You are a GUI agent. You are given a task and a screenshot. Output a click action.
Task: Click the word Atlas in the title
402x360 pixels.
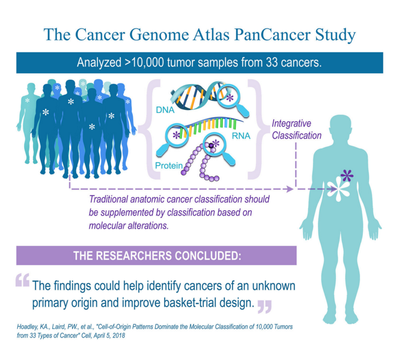pyautogui.click(x=212, y=35)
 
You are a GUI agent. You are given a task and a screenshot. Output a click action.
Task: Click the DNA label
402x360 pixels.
pyautogui.click(x=165, y=110)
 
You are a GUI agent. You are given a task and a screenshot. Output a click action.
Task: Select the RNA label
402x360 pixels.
pyautogui.click(x=241, y=136)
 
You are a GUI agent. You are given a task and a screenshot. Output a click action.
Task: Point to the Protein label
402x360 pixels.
pyautogui.click(x=169, y=166)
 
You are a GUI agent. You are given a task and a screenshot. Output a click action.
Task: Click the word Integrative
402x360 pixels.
pyautogui.click(x=291, y=124)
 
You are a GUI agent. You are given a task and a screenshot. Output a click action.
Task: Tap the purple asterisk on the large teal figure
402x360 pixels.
pyautogui.click(x=347, y=176)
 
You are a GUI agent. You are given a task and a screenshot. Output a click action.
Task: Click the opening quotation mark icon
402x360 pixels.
pyautogui.click(x=23, y=279)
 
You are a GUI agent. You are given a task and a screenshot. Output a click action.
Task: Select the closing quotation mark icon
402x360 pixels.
pyautogui.click(x=264, y=307)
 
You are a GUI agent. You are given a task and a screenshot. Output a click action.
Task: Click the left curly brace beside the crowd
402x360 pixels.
pyautogui.click(x=149, y=129)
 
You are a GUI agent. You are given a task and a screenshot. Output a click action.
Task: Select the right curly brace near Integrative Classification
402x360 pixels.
pyautogui.click(x=255, y=129)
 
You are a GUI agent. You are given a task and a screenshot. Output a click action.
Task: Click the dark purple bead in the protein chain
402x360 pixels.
pyautogui.click(x=211, y=145)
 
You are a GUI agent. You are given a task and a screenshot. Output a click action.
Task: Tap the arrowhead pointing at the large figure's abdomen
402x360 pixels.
pyautogui.click(x=333, y=189)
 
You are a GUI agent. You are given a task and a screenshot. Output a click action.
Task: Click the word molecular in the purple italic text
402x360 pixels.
pyautogui.click(x=106, y=225)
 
